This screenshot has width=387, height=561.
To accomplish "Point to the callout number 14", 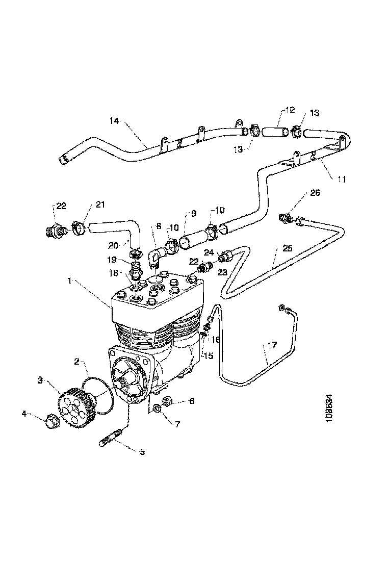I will tap(114, 121).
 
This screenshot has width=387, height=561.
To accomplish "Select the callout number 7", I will tap(177, 424).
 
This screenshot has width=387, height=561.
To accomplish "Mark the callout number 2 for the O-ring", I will tap(77, 362).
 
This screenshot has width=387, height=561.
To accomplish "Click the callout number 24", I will tap(209, 251).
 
